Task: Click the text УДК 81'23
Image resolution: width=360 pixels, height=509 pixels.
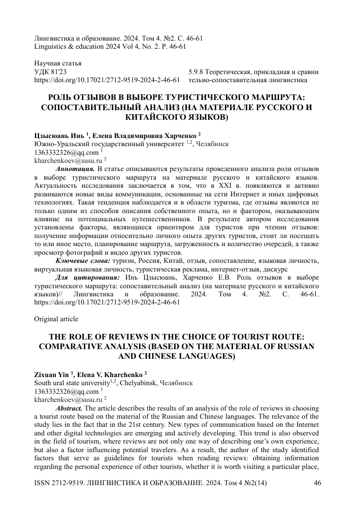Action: tap(50, 72)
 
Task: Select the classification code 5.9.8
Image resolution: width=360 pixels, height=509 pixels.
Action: tap(197, 72)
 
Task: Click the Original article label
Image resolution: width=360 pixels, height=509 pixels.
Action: tap(56, 319)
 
